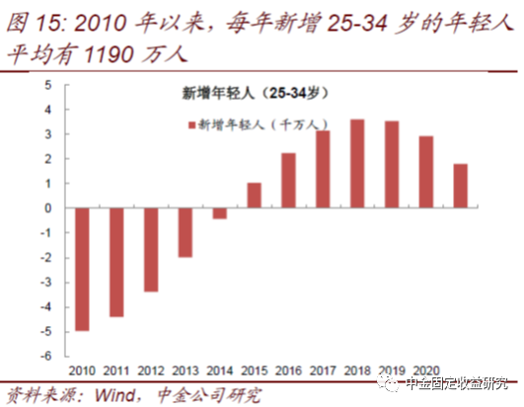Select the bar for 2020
click(x=426, y=172)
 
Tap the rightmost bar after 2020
click(x=461, y=186)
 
